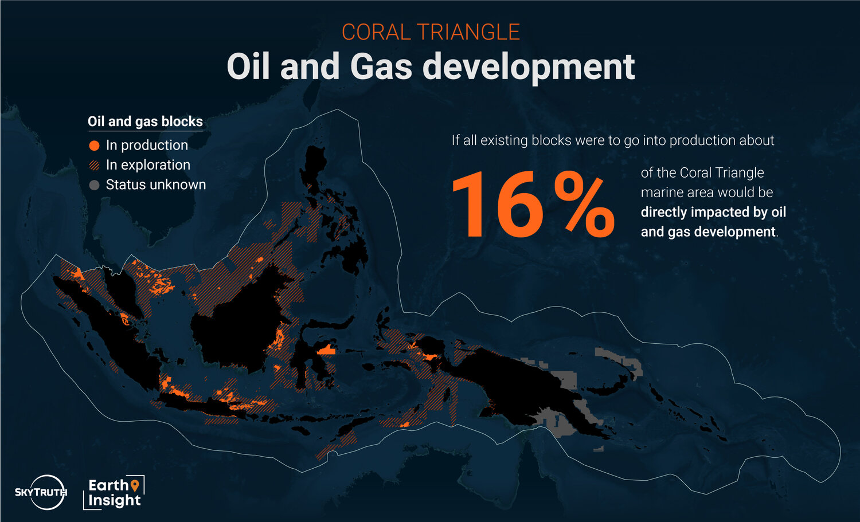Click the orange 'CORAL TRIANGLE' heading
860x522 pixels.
point(431,32)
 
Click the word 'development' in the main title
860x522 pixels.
point(528,67)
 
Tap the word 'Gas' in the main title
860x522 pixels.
point(381,67)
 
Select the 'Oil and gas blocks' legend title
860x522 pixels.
point(145,121)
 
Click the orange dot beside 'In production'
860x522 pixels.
point(94,146)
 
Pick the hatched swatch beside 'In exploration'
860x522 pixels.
point(94,166)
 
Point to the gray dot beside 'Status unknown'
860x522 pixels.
point(94,186)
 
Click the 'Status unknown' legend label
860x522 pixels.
point(156,185)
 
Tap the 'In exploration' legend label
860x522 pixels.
point(148,165)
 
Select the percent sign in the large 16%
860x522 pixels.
point(584,205)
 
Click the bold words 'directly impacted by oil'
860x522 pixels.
point(713,212)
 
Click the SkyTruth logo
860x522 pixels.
point(41,492)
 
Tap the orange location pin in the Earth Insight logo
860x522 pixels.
point(134,485)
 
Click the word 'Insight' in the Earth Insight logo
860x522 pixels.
point(115,500)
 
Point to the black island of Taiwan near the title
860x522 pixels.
point(310,94)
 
